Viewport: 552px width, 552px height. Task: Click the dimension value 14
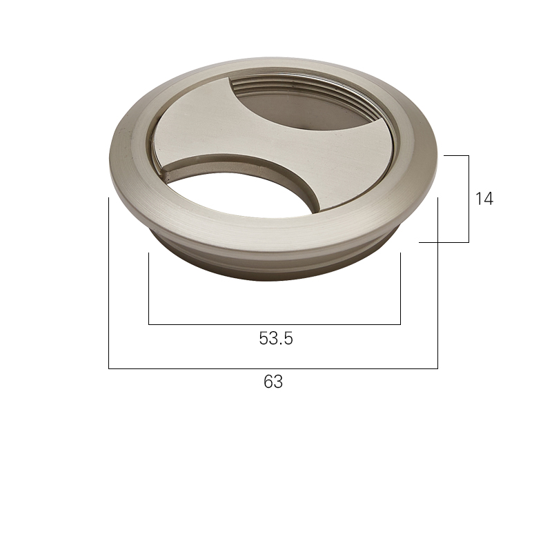point(484,199)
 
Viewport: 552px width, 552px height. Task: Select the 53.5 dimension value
point(276,338)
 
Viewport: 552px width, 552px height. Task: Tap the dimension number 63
point(273,382)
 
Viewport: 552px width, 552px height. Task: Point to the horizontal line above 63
point(273,368)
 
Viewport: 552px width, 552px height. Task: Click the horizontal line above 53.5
point(275,324)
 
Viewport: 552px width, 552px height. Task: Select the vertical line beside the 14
point(469,199)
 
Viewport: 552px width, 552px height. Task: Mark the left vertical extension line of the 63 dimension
point(109,283)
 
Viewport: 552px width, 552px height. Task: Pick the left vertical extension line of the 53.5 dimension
point(149,288)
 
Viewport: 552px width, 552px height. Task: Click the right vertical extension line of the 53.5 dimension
point(400,288)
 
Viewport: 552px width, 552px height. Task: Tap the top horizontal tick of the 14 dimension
point(456,155)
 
